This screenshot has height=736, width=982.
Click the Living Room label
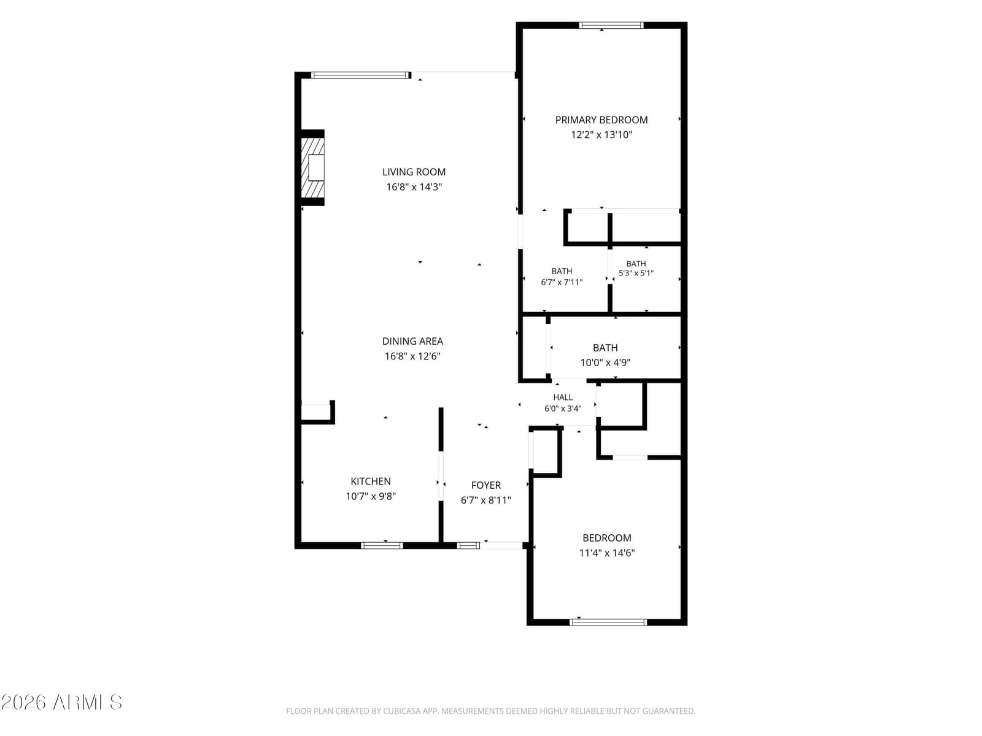click(414, 172)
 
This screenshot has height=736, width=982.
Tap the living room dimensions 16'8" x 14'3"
click(414, 187)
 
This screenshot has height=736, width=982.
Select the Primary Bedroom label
click(601, 120)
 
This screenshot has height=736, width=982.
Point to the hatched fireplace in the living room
click(312, 167)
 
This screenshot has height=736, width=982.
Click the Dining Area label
click(412, 341)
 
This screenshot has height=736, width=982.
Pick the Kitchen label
click(371, 481)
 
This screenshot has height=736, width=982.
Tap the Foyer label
click(485, 485)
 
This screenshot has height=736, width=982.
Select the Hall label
click(562, 397)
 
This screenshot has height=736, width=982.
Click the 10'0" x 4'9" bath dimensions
click(605, 362)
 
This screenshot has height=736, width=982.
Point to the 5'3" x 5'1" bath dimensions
click(636, 273)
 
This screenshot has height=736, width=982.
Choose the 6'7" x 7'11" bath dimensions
click(562, 282)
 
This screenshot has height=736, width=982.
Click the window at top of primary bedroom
click(611, 26)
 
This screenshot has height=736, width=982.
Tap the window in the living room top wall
click(361, 75)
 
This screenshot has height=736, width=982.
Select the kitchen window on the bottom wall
click(382, 545)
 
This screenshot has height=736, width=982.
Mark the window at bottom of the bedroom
click(608, 621)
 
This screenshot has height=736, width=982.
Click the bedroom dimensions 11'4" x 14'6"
click(606, 553)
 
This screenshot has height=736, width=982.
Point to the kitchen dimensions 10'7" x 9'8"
click(371, 496)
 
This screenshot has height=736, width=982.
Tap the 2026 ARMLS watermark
click(62, 702)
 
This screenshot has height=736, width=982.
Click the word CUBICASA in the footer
click(400, 710)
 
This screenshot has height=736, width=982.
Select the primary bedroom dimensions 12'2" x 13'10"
click(601, 134)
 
